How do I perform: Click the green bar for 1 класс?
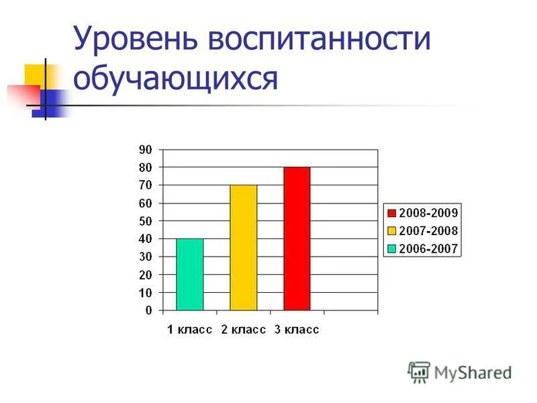(189, 275)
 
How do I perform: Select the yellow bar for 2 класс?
(243, 248)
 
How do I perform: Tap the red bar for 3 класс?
(297, 238)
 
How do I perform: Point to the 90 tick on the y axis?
(146, 149)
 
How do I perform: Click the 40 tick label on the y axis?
(146, 239)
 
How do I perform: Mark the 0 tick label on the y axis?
(148, 311)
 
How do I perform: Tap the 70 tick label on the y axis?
(146, 185)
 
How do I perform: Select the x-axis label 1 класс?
(190, 330)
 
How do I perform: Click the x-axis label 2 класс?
(243, 330)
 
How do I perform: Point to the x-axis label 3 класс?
(297, 330)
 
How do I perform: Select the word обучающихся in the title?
(175, 78)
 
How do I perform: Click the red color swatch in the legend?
(391, 213)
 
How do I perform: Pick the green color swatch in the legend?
(391, 249)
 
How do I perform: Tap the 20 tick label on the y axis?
(146, 275)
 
